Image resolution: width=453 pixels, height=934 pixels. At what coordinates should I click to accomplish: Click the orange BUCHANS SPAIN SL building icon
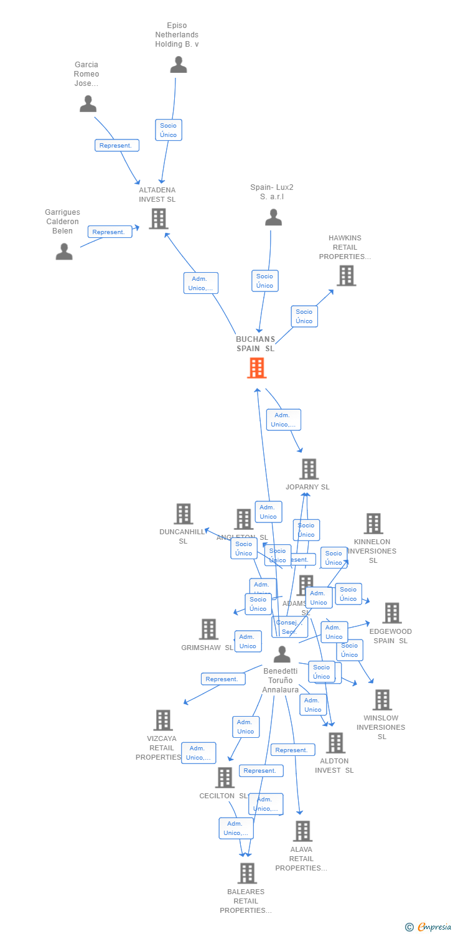click(256, 368)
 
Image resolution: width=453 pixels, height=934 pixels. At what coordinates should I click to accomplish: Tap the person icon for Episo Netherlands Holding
click(179, 65)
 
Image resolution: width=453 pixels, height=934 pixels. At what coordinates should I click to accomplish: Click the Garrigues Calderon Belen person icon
click(64, 252)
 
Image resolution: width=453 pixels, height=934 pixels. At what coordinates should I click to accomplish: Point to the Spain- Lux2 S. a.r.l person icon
click(273, 217)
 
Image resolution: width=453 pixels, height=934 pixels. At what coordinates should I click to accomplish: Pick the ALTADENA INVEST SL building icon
click(159, 219)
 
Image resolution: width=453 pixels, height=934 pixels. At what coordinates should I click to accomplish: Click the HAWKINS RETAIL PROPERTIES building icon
click(346, 275)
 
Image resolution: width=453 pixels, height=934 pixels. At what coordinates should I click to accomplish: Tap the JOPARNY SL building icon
click(309, 469)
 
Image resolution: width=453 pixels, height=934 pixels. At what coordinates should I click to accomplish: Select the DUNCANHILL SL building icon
click(183, 514)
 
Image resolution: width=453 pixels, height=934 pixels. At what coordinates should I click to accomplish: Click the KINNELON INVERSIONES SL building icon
click(373, 524)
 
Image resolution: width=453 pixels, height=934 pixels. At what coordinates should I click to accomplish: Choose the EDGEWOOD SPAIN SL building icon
click(391, 613)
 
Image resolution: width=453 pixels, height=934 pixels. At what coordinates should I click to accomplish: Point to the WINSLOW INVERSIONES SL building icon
click(382, 700)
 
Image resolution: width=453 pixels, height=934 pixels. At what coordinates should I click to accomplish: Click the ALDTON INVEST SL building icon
click(335, 743)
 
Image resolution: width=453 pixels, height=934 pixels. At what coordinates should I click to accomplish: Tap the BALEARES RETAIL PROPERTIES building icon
click(247, 873)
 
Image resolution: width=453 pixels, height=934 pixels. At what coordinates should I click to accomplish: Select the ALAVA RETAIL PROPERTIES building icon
click(302, 831)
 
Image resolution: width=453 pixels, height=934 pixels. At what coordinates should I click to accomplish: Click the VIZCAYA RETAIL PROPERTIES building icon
click(162, 720)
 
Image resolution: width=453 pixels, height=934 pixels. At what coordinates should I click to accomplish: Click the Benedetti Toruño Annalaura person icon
click(282, 654)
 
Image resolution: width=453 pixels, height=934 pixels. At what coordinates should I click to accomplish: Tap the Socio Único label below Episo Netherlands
click(168, 130)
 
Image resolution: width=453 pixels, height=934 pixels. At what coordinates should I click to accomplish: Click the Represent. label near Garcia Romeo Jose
click(116, 145)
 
